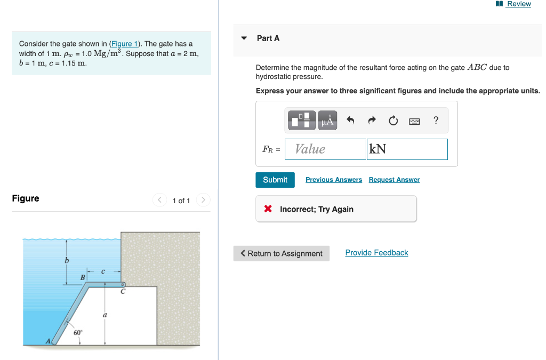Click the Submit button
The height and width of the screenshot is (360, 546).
click(275, 180)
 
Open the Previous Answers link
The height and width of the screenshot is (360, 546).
click(333, 180)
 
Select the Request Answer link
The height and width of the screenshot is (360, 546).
click(394, 180)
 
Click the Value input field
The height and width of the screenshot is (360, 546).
click(325, 149)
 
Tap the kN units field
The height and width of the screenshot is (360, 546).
click(407, 149)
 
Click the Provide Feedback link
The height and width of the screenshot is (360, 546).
click(376, 253)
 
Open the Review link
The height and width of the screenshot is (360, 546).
click(518, 4)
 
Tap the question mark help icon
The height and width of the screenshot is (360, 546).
click(436, 121)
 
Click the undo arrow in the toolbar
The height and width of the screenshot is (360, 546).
click(350, 121)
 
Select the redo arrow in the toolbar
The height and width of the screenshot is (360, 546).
click(372, 121)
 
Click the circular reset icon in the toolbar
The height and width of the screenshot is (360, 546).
click(393, 121)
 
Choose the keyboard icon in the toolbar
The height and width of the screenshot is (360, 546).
click(415, 121)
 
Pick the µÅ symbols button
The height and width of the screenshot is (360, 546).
click(327, 121)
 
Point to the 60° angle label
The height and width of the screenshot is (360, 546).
click(78, 333)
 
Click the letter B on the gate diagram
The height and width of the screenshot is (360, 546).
click(83, 277)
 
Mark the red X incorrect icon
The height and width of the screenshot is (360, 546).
click(269, 209)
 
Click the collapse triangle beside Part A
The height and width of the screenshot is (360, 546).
click(244, 38)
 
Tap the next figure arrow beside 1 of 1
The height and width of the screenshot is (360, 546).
click(203, 200)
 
